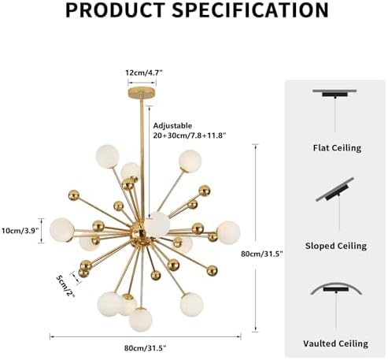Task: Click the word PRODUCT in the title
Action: click(x=115, y=10)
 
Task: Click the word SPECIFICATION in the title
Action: click(x=250, y=10)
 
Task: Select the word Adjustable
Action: click(x=172, y=126)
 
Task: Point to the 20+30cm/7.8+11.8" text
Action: click(x=190, y=135)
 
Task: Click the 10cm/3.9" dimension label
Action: click(x=20, y=231)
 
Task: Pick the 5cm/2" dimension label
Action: click(x=65, y=286)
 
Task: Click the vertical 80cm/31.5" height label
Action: click(x=262, y=254)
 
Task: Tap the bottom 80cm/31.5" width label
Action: click(x=145, y=348)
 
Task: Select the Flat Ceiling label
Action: click(x=337, y=148)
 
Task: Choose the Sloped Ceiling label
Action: click(x=336, y=246)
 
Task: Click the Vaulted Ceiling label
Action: click(x=336, y=343)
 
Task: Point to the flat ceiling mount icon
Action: click(x=334, y=93)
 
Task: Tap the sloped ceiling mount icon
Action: click(x=335, y=190)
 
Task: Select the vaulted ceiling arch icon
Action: click(x=336, y=288)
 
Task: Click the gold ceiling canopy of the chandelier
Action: click(x=142, y=93)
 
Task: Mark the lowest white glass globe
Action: click(x=140, y=320)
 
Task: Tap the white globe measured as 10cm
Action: click(x=62, y=230)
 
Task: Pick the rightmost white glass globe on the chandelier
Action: click(x=228, y=232)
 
